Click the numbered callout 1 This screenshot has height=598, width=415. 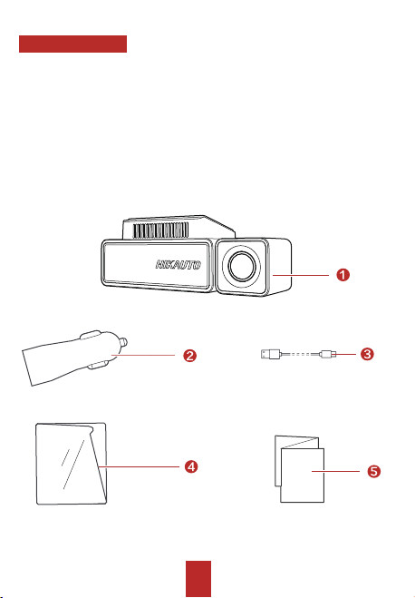(x=343, y=275)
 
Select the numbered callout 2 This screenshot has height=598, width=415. (x=189, y=356)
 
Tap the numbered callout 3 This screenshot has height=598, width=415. (x=367, y=354)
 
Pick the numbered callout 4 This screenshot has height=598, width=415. (x=191, y=466)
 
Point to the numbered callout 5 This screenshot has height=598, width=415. (x=374, y=471)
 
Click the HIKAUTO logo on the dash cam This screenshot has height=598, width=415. (x=179, y=265)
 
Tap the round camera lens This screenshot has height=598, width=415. (x=241, y=266)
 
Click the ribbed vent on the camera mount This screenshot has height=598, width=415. (x=160, y=230)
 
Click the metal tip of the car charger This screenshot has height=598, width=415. (x=124, y=342)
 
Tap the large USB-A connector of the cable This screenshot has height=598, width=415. (x=271, y=354)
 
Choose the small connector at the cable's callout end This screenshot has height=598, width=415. (x=327, y=354)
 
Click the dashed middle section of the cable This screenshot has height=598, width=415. (x=301, y=354)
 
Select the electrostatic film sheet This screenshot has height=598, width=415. (x=72, y=464)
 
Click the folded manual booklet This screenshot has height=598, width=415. (x=299, y=469)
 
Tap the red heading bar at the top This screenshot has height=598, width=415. (x=72, y=44)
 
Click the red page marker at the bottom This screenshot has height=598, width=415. (x=198, y=579)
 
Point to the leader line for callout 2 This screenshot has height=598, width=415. (x=143, y=356)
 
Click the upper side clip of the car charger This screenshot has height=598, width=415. (x=91, y=335)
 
